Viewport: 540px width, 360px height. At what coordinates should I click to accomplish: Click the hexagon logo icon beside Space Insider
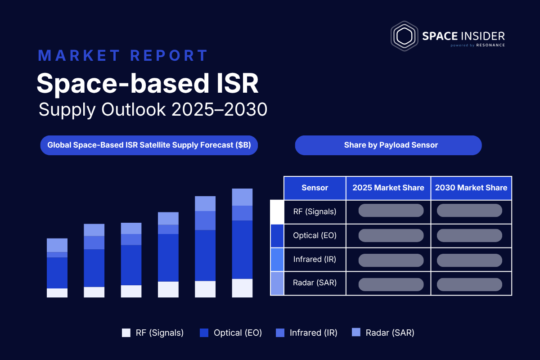[x=404, y=36]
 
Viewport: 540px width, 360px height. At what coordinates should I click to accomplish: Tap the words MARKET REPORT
[x=123, y=55]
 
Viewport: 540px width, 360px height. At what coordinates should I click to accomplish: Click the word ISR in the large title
[x=238, y=83]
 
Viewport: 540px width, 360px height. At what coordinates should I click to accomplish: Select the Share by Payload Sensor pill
[x=388, y=145]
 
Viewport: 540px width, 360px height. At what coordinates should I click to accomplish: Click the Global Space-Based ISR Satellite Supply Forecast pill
[x=149, y=145]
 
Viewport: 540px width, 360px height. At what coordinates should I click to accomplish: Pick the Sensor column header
[x=315, y=188]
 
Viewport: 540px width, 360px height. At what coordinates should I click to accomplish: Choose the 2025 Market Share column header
[x=388, y=188]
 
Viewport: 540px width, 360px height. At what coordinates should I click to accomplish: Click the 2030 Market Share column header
[x=471, y=188]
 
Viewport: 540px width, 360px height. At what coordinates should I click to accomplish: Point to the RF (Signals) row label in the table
[x=315, y=211]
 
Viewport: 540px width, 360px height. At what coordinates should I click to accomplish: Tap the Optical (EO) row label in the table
[x=315, y=236]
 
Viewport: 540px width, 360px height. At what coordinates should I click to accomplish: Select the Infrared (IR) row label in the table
[x=315, y=260]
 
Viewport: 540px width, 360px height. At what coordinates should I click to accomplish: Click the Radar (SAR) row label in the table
[x=315, y=283]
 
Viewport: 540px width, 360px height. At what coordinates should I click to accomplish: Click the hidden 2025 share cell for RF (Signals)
[x=391, y=211]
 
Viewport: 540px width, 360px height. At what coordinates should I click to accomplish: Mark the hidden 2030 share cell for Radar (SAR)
[x=470, y=284]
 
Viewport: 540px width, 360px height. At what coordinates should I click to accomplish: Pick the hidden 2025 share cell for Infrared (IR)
[x=391, y=261]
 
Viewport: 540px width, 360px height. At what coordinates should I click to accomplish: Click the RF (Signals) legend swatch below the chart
[x=126, y=333]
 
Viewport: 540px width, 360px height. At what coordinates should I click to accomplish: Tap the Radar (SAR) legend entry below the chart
[x=383, y=333]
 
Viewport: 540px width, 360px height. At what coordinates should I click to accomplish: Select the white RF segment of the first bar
[x=57, y=293]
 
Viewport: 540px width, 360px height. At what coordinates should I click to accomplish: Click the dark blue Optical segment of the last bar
[x=242, y=250]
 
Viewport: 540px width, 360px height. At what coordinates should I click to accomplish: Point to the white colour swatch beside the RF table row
[x=277, y=212]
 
